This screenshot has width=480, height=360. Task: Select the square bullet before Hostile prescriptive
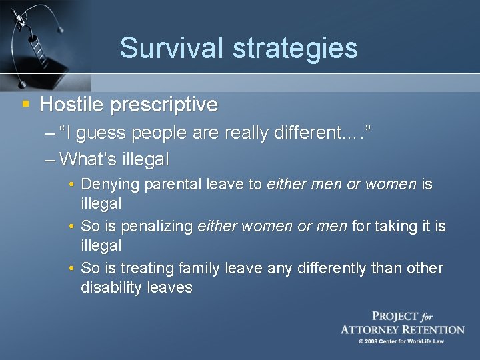(x=25, y=104)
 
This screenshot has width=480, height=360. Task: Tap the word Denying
(x=109, y=185)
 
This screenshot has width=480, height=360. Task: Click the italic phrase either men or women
(x=341, y=185)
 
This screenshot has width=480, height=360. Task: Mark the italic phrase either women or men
(x=272, y=227)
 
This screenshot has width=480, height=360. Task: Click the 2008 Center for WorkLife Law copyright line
(x=401, y=341)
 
